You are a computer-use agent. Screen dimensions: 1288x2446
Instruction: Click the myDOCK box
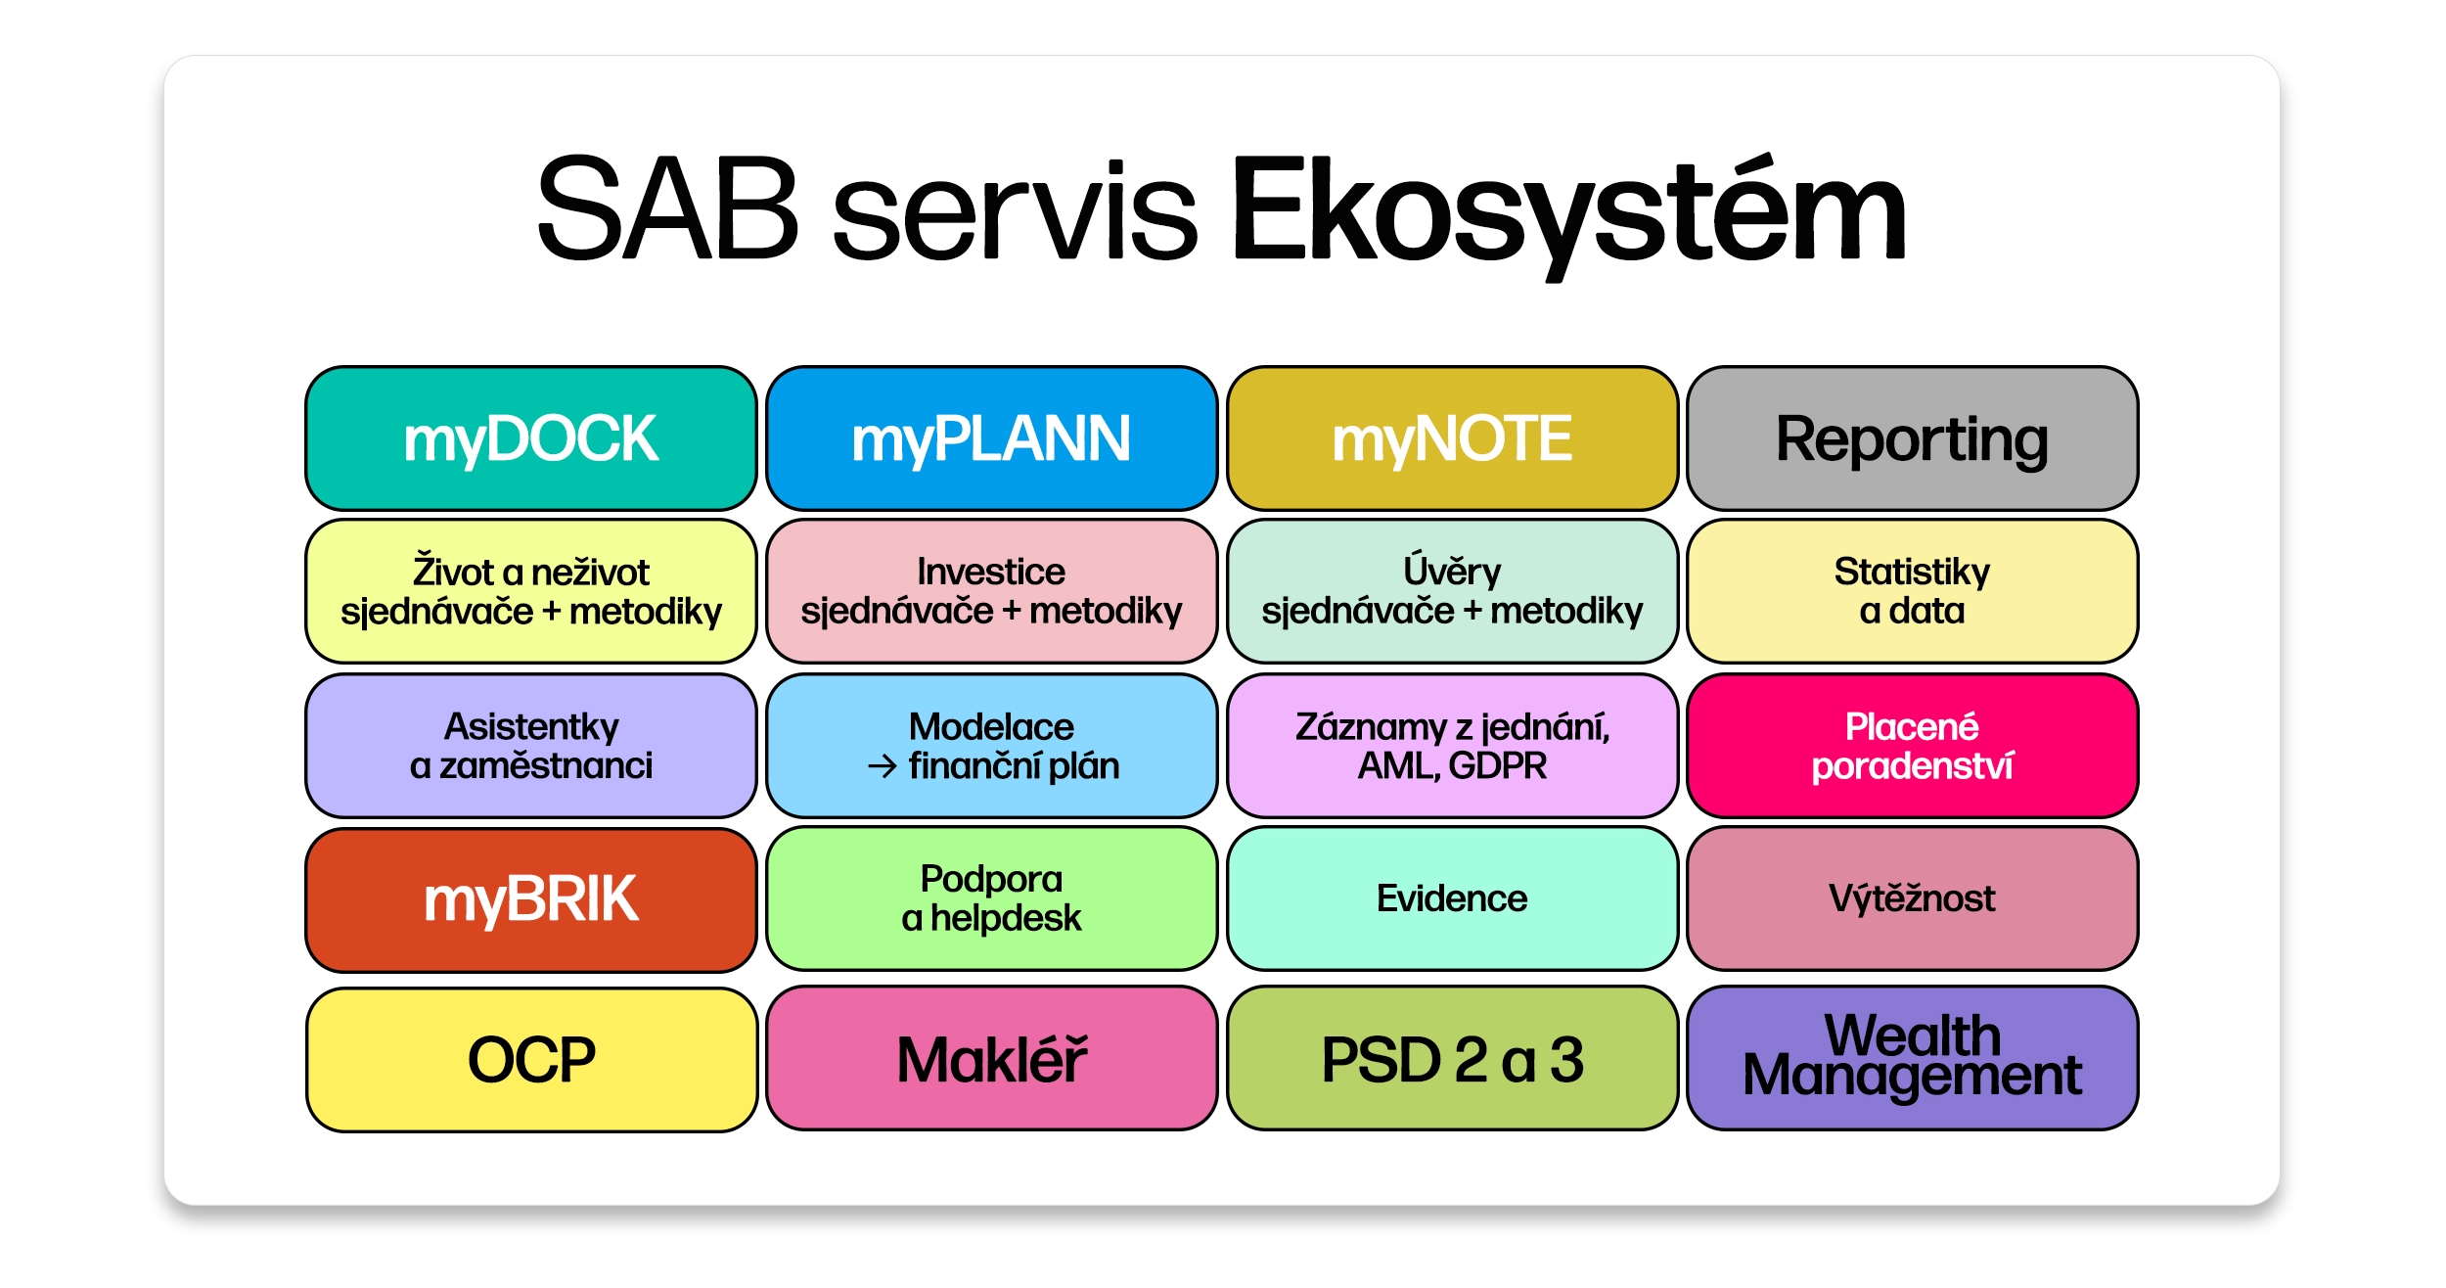coord(531,438)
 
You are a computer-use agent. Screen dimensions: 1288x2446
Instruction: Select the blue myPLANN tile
coord(991,438)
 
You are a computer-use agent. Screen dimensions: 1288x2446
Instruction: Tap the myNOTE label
coord(1452,438)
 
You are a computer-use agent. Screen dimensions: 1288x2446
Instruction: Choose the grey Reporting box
coord(1912,438)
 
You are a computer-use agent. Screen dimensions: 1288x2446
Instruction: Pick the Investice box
coord(991,591)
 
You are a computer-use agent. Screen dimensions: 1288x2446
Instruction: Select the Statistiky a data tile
coord(1912,591)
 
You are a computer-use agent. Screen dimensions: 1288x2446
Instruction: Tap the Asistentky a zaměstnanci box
coord(531,746)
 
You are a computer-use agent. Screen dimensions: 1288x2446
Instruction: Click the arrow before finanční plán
coord(882,766)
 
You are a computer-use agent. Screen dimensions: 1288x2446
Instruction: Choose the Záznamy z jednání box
coord(1452,746)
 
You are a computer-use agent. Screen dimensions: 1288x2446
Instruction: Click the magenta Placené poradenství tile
coord(1912,746)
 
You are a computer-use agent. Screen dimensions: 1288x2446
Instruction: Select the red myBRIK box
coord(531,899)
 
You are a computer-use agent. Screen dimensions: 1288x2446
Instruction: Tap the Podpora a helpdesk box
coord(991,898)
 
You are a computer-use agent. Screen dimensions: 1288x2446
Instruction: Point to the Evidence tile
coord(1452,898)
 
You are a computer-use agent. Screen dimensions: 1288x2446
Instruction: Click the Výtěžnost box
coord(1912,898)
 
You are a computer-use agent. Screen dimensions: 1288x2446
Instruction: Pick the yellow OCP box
coord(531,1059)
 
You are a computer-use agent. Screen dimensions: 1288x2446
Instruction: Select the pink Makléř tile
coord(991,1058)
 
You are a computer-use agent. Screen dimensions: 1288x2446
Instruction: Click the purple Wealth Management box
coord(1912,1058)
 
